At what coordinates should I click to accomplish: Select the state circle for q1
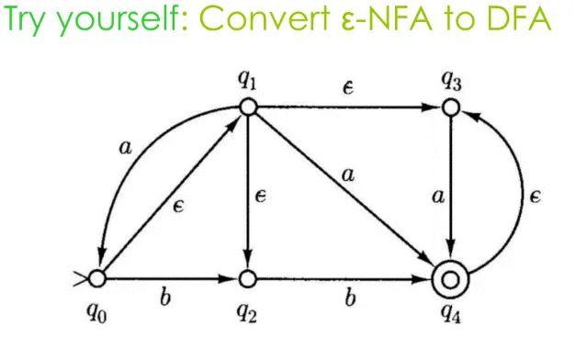tap(247, 107)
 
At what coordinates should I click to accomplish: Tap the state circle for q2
tap(247, 276)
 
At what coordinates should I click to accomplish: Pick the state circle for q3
tap(450, 107)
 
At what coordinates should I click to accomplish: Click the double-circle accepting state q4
tap(450, 276)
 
